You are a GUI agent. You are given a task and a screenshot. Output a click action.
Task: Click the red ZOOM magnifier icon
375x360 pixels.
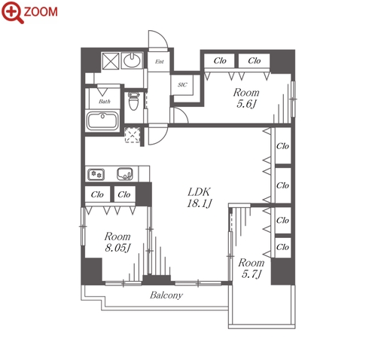[x=13, y=12]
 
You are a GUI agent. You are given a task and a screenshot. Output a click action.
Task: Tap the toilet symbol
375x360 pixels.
[x=133, y=101]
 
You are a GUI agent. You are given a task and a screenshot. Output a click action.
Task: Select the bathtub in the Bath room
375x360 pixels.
[x=102, y=121]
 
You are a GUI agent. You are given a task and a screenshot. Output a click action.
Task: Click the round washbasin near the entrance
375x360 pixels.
[x=132, y=60]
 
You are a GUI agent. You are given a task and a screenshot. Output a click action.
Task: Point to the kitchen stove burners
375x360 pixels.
[x=96, y=174]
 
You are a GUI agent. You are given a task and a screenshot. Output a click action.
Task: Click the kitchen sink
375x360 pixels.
[x=125, y=174]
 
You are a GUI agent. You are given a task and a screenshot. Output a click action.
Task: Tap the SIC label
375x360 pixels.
[x=182, y=85]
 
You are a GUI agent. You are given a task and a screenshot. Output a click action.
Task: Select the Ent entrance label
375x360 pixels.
[x=160, y=62]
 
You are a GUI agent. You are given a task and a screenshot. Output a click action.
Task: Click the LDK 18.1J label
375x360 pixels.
[x=200, y=197]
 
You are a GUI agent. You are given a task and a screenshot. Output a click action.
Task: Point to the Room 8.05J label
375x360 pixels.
[x=117, y=242]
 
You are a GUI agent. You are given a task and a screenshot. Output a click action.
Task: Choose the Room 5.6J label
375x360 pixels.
[x=246, y=98]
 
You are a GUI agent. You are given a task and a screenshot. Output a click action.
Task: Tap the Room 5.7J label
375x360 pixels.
[x=252, y=268]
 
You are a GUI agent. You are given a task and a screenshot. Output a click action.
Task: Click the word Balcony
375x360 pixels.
[x=166, y=295]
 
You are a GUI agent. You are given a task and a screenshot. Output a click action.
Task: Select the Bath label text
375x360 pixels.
[x=105, y=102]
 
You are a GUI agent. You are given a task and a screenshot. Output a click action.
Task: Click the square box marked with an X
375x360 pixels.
[x=110, y=61]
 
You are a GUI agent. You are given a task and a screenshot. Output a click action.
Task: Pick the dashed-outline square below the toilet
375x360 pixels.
[x=133, y=135]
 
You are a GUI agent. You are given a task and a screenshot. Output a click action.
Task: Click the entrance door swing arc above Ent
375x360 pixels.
[x=163, y=35]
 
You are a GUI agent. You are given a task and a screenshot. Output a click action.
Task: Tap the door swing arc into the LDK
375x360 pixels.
[x=163, y=139]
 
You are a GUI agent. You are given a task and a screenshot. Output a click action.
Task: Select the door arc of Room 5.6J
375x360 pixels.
[x=184, y=112]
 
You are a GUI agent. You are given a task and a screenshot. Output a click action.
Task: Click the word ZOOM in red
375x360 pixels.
[x=41, y=12]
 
